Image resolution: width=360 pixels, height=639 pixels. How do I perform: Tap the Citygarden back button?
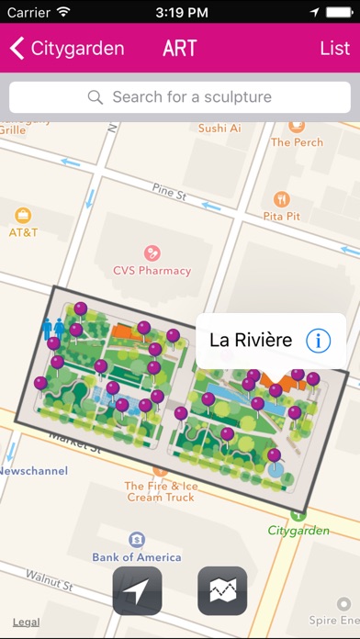[66, 49]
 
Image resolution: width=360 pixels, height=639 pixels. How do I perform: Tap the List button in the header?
[334, 49]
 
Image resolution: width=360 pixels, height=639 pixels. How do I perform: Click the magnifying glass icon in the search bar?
[95, 96]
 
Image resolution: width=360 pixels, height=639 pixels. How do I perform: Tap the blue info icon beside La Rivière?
[318, 341]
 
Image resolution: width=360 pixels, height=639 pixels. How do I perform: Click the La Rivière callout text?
[251, 341]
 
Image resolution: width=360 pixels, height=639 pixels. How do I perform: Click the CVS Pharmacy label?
[152, 271]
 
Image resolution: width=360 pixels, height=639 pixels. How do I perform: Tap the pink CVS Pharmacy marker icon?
[152, 252]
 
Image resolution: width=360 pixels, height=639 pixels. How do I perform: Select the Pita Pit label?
[282, 216]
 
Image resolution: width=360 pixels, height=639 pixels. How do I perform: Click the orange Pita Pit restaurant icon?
[282, 197]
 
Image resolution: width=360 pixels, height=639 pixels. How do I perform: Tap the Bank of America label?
[136, 556]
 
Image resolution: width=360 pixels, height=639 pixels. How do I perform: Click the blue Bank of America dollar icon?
[136, 538]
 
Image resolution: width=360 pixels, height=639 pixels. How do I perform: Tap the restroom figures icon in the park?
[52, 328]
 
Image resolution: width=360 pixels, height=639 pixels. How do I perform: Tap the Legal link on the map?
[26, 622]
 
